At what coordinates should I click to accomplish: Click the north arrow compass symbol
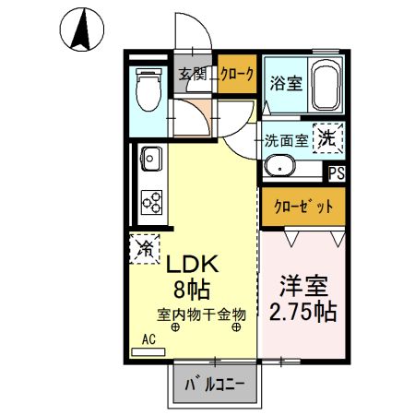pos(81,30)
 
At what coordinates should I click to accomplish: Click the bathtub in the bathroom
pos(326,86)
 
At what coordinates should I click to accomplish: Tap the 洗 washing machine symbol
pos(327,138)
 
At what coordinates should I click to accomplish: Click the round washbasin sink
pos(278,167)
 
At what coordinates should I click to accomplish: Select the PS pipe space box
pos(338,171)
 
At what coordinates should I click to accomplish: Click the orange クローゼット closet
pos(302,207)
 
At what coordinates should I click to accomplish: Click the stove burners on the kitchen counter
pos(150,200)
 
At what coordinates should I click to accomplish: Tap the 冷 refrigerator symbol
pos(144,247)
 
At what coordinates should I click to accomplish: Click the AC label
pos(148,338)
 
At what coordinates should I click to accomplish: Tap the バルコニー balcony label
pos(212,384)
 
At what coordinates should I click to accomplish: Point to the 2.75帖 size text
pos(301,310)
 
